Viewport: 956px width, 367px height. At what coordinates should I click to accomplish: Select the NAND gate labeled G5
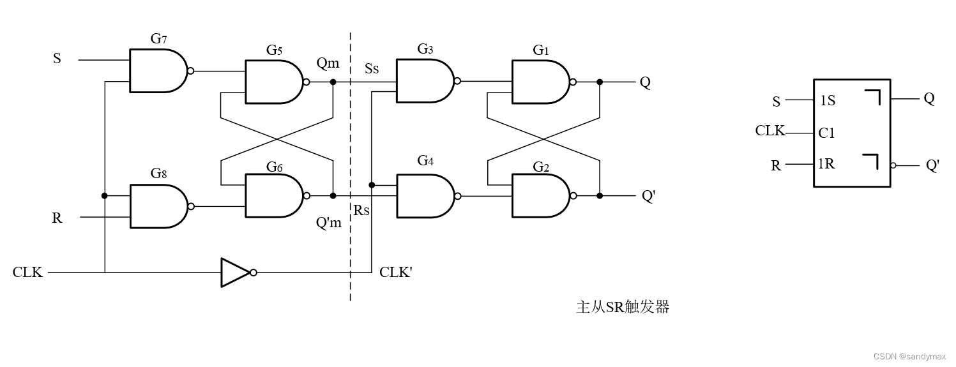[x=273, y=82]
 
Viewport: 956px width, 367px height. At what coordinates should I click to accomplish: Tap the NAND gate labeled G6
[x=273, y=196]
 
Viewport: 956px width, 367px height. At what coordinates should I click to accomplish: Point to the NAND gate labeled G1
[x=540, y=82]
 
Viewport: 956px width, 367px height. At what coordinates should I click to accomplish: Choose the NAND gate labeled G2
[x=540, y=196]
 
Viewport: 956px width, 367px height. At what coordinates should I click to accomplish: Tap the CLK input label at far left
[x=27, y=273]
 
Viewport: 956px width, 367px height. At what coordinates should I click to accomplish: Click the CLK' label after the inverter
[x=396, y=273]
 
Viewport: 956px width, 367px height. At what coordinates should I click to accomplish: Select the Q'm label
[x=329, y=223]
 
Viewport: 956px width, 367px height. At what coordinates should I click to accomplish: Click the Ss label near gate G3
[x=372, y=68]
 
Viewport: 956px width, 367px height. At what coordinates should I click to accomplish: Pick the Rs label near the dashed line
[x=362, y=210]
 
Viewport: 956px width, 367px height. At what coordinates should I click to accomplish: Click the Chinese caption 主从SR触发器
[x=622, y=307]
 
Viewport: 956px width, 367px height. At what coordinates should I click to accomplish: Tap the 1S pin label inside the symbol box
[x=828, y=101]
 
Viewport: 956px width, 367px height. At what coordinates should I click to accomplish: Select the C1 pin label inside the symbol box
[x=827, y=133]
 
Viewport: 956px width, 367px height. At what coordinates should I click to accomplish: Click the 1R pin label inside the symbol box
[x=827, y=164]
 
